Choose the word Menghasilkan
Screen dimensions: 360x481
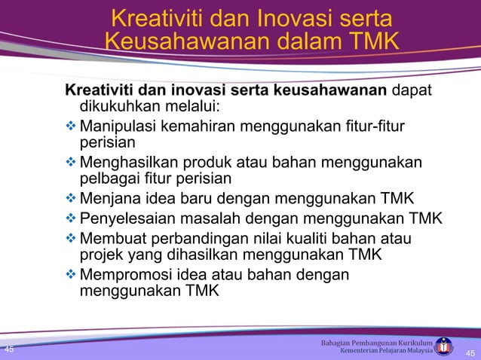coord(130,162)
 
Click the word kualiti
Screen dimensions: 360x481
coord(321,239)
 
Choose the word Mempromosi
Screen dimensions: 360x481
coord(125,274)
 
